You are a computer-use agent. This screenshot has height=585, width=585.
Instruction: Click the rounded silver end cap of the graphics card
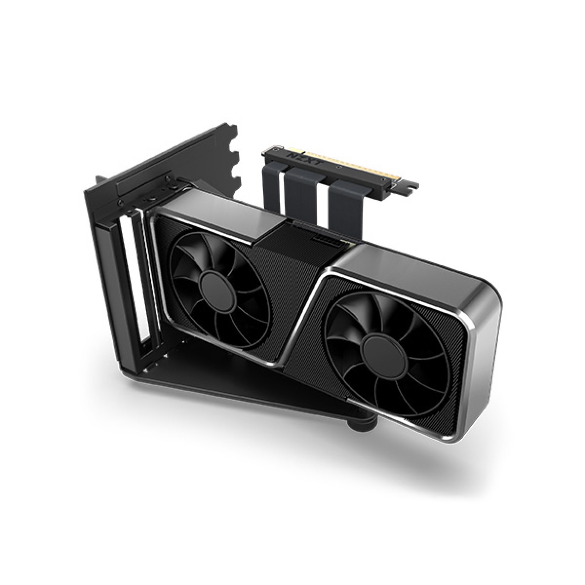(483, 341)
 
